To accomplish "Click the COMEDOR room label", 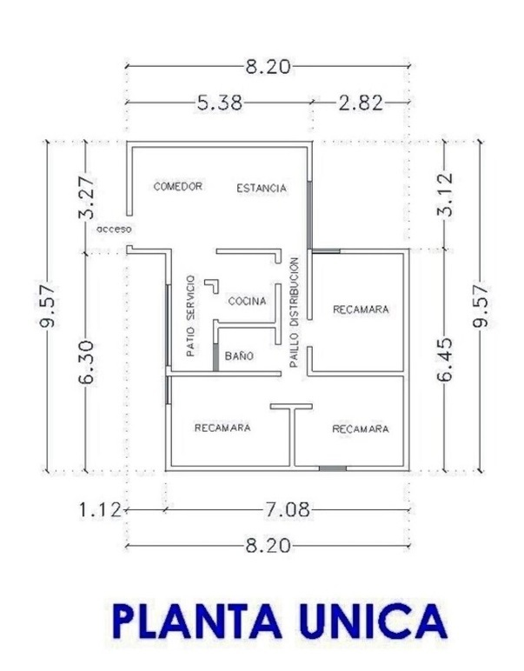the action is (x=177, y=186).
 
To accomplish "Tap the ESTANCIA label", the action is (x=262, y=188).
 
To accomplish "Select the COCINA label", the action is (x=248, y=302).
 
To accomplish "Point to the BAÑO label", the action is (x=239, y=355).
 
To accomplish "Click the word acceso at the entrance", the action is (x=114, y=229).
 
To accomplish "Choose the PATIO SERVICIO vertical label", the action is (x=191, y=316).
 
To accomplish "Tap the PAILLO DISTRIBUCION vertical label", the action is (x=294, y=312).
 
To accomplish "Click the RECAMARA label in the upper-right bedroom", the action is (x=361, y=309).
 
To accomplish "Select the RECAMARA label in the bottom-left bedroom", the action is (x=222, y=428).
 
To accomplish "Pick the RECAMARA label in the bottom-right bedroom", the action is (x=361, y=429).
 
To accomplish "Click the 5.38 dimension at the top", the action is (x=220, y=103).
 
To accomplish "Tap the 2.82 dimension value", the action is (x=361, y=103).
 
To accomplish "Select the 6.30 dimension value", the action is (x=87, y=362).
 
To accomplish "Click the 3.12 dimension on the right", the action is (x=445, y=194).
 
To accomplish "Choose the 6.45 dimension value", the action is (x=445, y=360).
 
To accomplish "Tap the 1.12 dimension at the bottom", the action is (x=100, y=510).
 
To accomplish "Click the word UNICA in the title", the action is (x=373, y=621).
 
